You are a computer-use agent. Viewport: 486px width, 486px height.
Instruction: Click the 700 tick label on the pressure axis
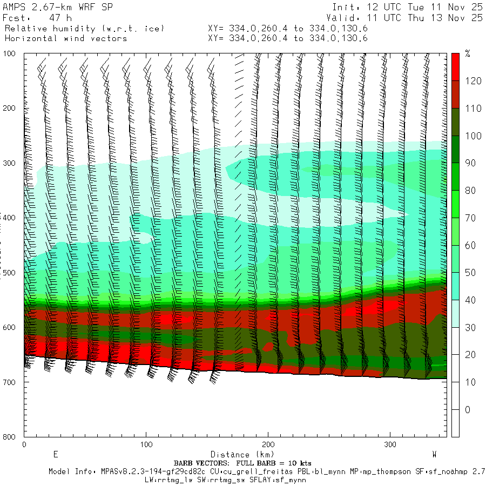10,382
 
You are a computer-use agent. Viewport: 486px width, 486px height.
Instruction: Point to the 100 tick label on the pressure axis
10,54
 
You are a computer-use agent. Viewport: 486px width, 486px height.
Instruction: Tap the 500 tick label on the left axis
10,273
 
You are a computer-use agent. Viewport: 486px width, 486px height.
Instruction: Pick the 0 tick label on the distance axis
24,444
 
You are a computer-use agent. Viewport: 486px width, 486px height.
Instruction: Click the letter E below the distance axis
55,454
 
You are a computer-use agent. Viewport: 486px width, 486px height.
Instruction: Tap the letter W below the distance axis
435,454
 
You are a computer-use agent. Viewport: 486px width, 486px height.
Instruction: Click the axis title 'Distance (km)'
238,455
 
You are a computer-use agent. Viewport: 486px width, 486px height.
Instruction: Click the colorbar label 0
467,410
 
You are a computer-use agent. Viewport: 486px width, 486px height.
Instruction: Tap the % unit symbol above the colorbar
468,54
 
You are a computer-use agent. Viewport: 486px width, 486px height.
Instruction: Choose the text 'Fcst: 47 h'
37,18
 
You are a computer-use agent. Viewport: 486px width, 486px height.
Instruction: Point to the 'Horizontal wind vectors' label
66,38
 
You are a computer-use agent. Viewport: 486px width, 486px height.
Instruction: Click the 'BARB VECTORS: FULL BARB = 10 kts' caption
242,463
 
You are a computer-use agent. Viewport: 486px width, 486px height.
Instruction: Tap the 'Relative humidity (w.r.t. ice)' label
84,28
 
